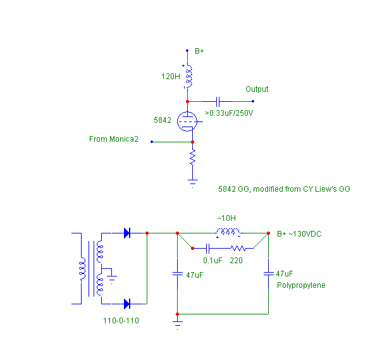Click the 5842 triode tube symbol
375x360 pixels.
point(187,121)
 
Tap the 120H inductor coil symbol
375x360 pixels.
point(189,77)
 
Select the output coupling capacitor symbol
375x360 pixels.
point(218,102)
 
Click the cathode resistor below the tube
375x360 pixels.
point(192,158)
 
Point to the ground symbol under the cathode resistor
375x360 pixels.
point(192,183)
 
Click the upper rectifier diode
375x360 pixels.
point(127,233)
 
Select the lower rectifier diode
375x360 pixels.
point(127,304)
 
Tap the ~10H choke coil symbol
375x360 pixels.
point(228,232)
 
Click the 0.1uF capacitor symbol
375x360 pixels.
point(207,249)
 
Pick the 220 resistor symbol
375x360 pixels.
point(238,249)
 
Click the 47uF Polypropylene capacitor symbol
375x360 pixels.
point(268,274)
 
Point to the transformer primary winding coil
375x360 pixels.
point(82,268)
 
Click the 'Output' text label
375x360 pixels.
point(257,89)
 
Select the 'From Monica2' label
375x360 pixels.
point(114,139)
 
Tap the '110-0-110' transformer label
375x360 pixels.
point(121,320)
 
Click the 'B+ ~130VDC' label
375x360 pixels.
point(299,233)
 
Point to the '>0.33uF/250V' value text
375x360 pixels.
point(229,113)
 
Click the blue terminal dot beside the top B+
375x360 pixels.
point(187,51)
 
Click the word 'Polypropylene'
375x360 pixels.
point(301,285)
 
